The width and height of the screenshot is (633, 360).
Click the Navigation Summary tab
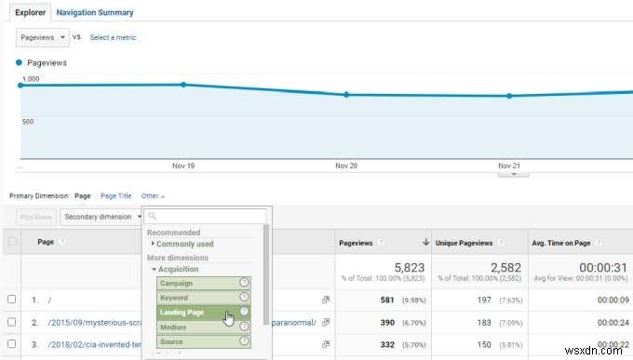(95, 13)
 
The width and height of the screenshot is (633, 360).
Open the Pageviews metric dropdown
(43, 37)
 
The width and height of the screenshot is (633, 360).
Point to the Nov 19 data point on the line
(183, 85)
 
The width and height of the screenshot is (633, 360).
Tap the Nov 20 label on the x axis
(346, 166)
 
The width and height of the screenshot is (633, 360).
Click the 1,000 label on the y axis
(31, 79)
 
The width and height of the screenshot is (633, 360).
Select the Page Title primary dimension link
(115, 196)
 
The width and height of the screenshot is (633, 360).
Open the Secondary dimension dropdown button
(101, 217)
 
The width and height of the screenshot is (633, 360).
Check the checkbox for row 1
(12, 300)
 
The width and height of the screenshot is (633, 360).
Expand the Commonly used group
(184, 244)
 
